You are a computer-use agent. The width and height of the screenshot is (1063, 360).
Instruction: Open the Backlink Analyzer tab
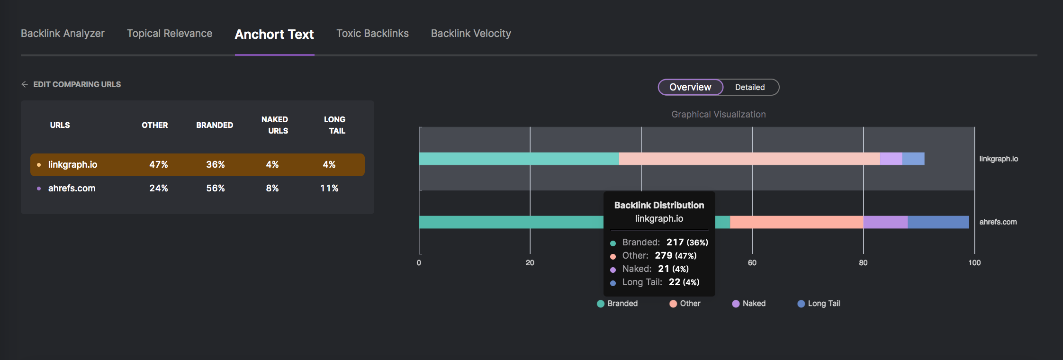63,34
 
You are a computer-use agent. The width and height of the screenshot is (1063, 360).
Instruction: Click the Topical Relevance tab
170,34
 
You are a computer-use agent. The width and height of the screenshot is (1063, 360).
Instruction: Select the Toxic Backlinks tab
372,34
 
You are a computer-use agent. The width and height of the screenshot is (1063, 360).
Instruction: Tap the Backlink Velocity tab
471,34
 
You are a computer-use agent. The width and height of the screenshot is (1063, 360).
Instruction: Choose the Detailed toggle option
750,87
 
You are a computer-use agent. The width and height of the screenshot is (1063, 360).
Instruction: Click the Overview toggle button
690,87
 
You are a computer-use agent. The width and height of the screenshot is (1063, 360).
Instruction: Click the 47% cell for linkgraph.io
159,164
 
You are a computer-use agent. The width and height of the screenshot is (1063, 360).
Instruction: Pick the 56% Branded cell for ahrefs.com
216,188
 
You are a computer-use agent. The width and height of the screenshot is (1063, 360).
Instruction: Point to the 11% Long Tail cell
329,188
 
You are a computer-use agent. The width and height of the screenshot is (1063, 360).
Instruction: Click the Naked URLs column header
275,125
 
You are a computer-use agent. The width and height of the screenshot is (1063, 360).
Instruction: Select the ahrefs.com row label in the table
72,188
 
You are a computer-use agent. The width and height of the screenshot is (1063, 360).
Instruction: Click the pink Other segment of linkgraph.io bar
748,159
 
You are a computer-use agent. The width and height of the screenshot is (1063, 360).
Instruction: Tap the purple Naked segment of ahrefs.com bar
885,222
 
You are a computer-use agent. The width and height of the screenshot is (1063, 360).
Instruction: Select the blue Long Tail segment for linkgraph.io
913,159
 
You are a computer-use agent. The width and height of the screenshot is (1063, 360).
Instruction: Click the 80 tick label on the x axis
863,263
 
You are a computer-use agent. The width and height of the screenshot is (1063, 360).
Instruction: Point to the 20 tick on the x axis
530,263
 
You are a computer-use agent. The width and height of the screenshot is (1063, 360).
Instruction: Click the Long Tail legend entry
819,304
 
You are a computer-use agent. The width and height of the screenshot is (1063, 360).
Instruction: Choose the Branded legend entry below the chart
618,304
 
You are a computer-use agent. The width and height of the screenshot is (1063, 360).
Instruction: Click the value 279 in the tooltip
664,256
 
